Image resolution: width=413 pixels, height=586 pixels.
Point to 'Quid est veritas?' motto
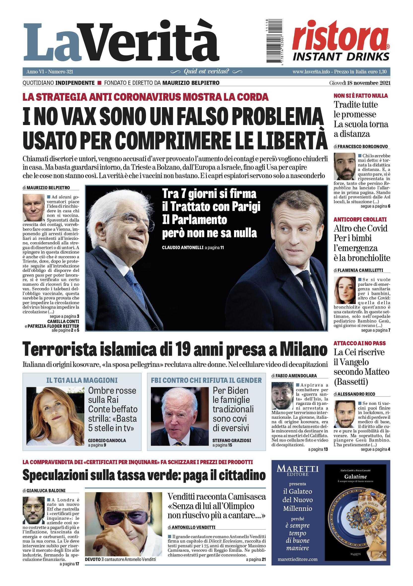(x=206, y=71)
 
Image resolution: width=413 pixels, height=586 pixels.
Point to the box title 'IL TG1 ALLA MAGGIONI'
(x=82, y=380)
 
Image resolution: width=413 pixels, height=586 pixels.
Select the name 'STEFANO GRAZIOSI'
(x=232, y=440)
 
